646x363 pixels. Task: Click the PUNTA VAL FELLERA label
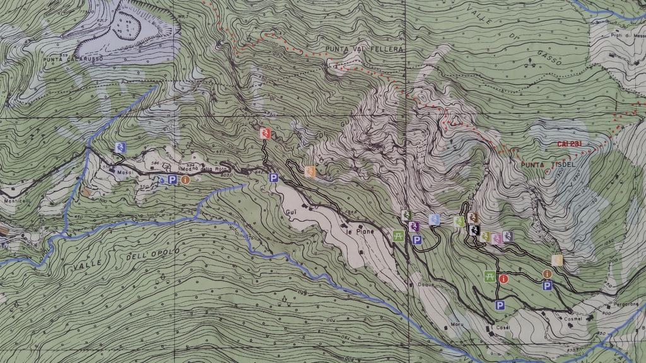pyautogui.click(x=364, y=49)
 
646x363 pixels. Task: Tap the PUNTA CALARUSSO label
pyautogui.click(x=65, y=60)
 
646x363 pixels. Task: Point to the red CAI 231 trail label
pyautogui.click(x=568, y=144)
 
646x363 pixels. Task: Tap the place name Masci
pyautogui.click(x=123, y=171)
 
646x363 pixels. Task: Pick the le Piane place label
pyautogui.click(x=360, y=231)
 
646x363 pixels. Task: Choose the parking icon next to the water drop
pyautogui.click(x=172, y=180)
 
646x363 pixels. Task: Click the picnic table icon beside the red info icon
pyautogui.click(x=490, y=276)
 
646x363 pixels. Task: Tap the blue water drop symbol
pyautogui.click(x=163, y=180)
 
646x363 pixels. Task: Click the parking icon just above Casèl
pyautogui.click(x=500, y=306)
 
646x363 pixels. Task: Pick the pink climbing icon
pyautogui.click(x=496, y=238)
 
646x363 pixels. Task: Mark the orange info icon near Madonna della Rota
pyautogui.click(x=185, y=180)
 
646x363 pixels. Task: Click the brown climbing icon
pyautogui.click(x=474, y=218)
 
